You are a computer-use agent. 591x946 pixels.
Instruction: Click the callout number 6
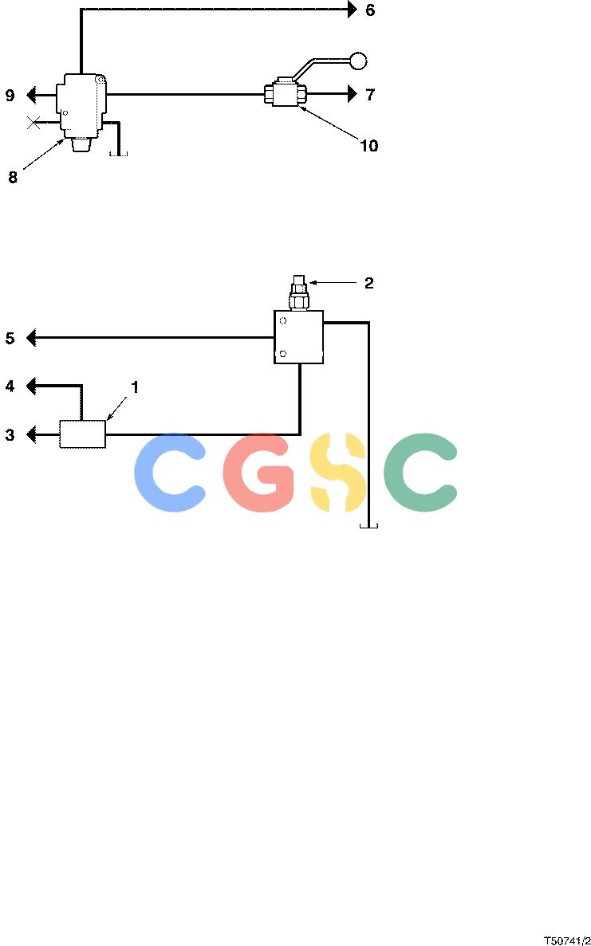pyautogui.click(x=370, y=10)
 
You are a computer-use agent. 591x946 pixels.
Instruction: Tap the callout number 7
pyautogui.click(x=370, y=94)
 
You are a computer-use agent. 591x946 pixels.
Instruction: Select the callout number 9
pyautogui.click(x=10, y=96)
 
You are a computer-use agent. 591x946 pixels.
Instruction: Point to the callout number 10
pyautogui.click(x=368, y=145)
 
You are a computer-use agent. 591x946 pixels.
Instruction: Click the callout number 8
pyautogui.click(x=13, y=178)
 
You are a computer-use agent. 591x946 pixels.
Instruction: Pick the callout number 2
pyautogui.click(x=368, y=283)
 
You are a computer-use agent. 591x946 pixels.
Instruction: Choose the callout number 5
pyautogui.click(x=10, y=338)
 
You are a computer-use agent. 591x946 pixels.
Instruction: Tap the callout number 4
pyautogui.click(x=10, y=386)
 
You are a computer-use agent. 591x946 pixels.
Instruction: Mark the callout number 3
pyautogui.click(x=10, y=434)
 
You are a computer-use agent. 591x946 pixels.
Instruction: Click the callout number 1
pyautogui.click(x=135, y=387)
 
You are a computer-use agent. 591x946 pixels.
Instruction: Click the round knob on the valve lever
pyautogui.click(x=358, y=61)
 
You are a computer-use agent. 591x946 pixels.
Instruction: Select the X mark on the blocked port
pyautogui.click(x=33, y=124)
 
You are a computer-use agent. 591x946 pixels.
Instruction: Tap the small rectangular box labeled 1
pyautogui.click(x=83, y=434)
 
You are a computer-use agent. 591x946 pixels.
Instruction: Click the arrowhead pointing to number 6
pyautogui.click(x=353, y=10)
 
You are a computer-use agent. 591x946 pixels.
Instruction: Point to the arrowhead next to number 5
pyautogui.click(x=31, y=338)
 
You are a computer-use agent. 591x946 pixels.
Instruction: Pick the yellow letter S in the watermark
pyautogui.click(x=338, y=473)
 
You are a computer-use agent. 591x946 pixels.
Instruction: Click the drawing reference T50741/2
pyautogui.click(x=567, y=940)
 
